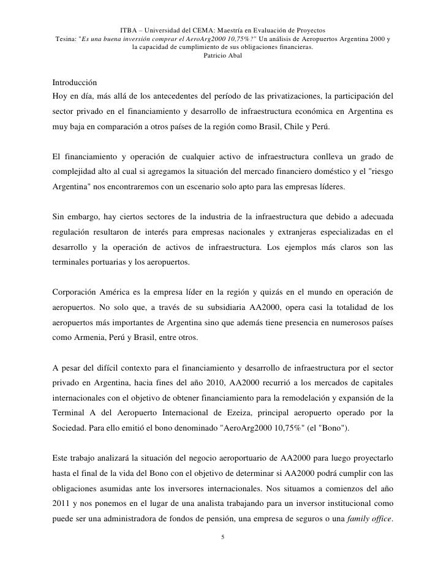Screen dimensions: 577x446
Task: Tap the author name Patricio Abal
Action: point(222,56)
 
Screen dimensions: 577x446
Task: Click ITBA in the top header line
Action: point(129,29)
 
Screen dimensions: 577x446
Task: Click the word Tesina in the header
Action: point(67,39)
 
